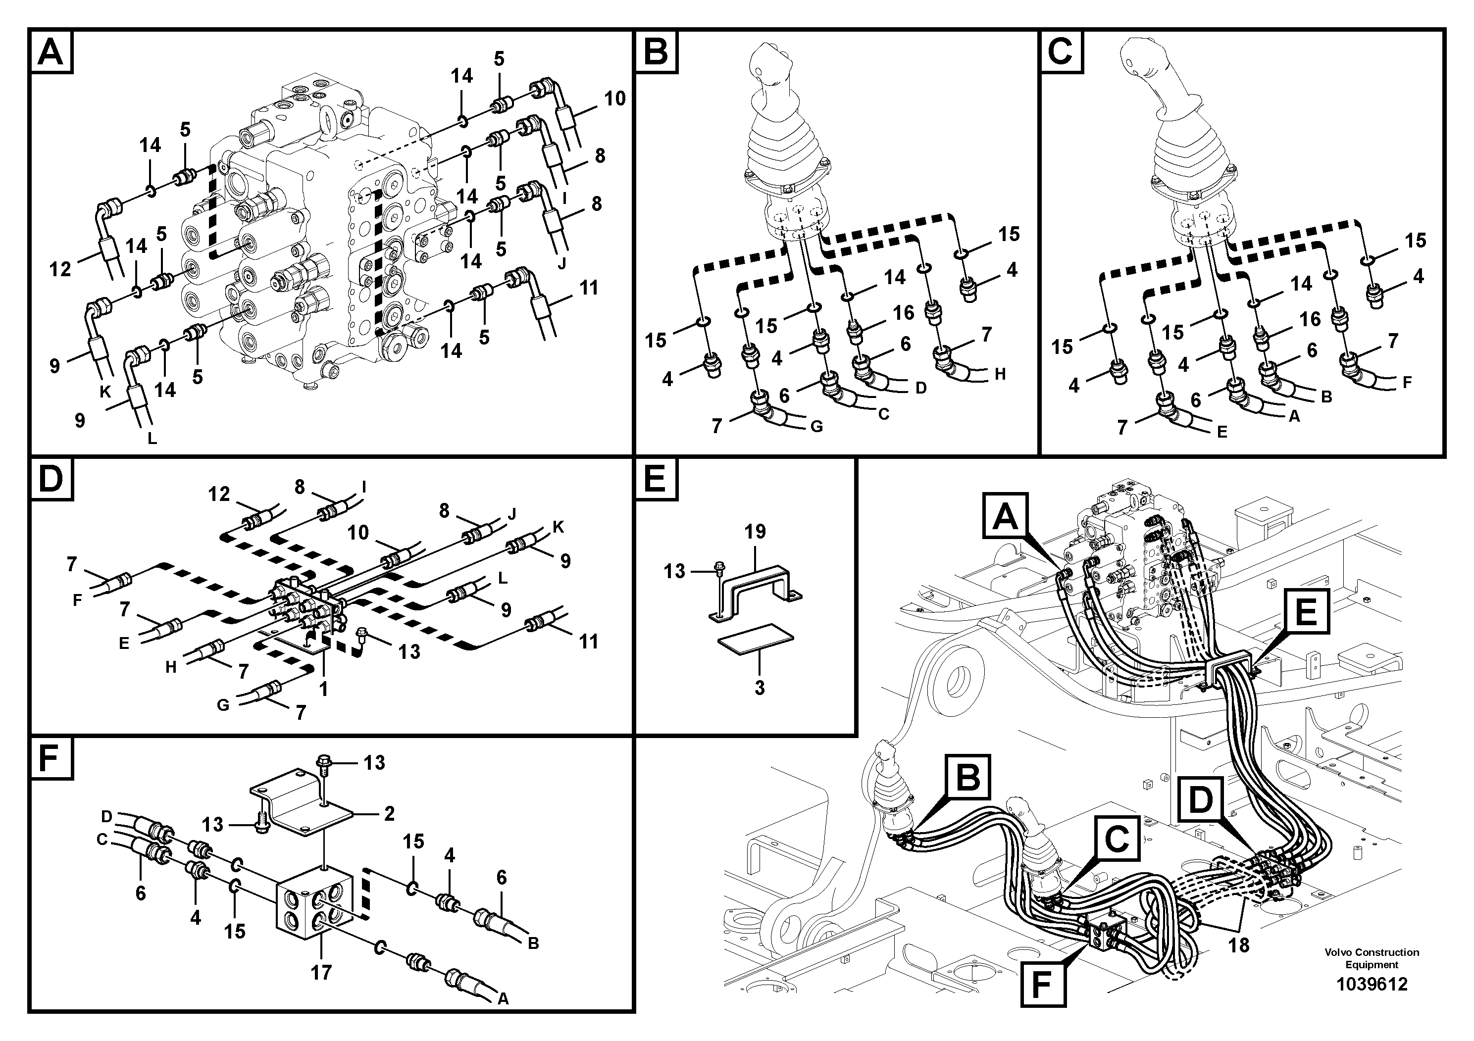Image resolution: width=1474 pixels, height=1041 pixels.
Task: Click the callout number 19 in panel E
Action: click(x=756, y=532)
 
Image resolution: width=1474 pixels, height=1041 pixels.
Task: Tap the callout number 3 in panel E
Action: click(x=760, y=688)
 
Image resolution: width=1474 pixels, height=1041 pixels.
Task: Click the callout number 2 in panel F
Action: click(x=389, y=814)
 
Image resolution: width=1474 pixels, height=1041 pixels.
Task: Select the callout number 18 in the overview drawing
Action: click(x=1239, y=945)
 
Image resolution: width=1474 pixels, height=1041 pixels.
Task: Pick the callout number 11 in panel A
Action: click(x=589, y=288)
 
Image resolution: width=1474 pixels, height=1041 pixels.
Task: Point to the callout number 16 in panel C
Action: click(x=1310, y=319)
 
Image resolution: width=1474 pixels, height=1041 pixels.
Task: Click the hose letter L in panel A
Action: click(x=152, y=440)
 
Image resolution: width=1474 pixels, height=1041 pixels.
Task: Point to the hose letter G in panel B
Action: click(x=816, y=426)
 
